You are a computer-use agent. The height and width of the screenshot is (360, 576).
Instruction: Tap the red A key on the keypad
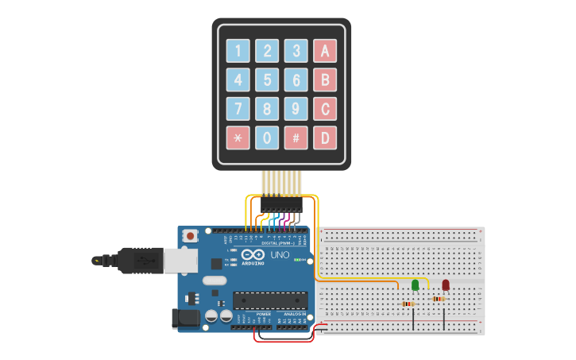[324, 51]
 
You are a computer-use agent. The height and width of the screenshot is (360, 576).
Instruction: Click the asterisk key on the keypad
[238, 137]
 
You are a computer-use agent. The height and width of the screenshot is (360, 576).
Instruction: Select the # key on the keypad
[296, 137]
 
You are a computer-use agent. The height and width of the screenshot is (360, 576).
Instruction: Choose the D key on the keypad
[324, 137]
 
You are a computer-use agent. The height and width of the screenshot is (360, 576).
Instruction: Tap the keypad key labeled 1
[238, 51]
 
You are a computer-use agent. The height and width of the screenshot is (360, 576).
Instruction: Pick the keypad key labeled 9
[296, 109]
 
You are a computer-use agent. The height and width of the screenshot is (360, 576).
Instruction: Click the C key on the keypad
[324, 109]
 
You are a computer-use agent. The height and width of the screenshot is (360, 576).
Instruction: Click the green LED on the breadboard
[415, 285]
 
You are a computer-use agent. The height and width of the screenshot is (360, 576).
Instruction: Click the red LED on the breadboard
[446, 285]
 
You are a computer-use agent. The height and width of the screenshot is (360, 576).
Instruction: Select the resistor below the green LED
[409, 304]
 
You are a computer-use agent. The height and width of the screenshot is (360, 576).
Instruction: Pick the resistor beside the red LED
[438, 299]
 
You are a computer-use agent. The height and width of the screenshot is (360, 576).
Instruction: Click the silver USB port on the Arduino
[181, 259]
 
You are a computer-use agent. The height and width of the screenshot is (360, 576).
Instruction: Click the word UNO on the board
[280, 256]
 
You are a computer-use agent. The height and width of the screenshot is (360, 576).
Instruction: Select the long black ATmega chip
[270, 300]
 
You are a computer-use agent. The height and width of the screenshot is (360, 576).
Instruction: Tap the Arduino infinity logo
[253, 256]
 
